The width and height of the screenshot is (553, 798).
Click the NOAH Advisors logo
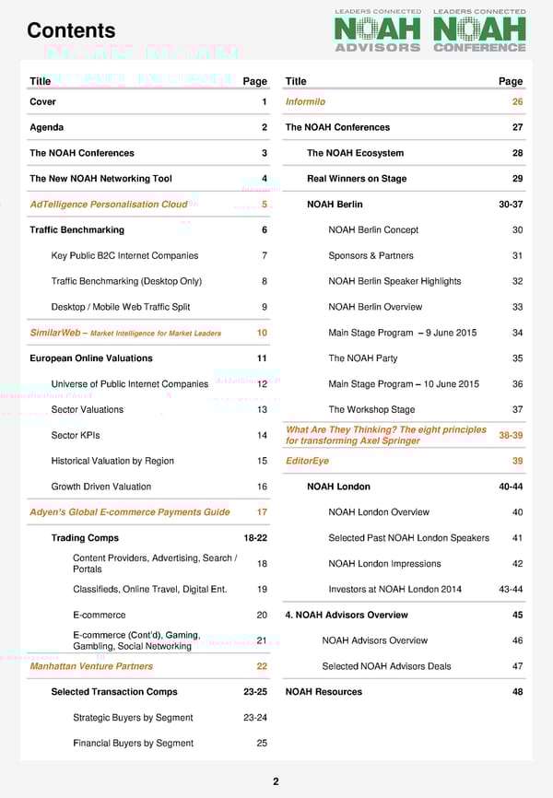click(377, 31)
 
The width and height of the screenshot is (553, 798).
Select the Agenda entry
click(47, 127)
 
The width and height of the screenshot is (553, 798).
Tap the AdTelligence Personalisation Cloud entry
click(109, 205)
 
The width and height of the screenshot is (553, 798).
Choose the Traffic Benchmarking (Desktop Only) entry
click(126, 281)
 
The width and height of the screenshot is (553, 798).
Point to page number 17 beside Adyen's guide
click(262, 512)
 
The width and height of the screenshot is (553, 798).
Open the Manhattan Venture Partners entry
click(91, 666)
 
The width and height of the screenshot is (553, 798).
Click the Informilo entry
click(305, 101)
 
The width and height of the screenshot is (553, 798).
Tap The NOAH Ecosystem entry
click(355, 153)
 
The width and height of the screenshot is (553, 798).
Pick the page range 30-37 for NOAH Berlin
click(511, 205)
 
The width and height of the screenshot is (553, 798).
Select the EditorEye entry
click(307, 461)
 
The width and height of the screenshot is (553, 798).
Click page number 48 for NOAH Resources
click(517, 692)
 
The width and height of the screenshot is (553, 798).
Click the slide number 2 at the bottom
click(276, 781)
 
